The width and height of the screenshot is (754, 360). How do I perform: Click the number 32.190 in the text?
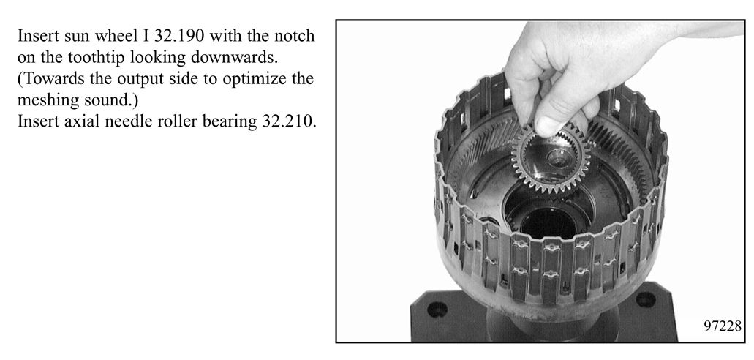pyautogui.click(x=182, y=36)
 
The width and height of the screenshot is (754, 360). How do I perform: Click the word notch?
pyautogui.click(x=293, y=36)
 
